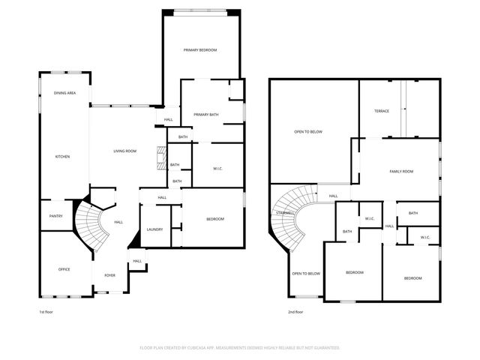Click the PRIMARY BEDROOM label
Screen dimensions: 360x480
tap(200, 50)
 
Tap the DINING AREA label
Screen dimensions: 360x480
tap(64, 93)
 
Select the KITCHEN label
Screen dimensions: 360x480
tap(62, 157)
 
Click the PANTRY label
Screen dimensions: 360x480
tap(56, 217)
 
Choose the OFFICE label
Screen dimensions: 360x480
tap(64, 269)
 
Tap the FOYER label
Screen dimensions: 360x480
tap(109, 275)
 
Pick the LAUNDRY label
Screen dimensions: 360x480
tap(154, 229)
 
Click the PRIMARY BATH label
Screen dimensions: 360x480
tap(205, 114)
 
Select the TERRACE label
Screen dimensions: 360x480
tap(382, 111)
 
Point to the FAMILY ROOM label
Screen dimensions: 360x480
tap(401, 172)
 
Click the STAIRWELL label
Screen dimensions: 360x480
tap(284, 213)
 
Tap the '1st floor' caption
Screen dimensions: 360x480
tap(46, 311)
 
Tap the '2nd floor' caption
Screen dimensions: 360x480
tap(295, 311)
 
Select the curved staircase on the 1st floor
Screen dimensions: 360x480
tap(94, 225)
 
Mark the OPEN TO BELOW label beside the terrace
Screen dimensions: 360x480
tap(307, 132)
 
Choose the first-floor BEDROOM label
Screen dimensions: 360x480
tap(215, 218)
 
